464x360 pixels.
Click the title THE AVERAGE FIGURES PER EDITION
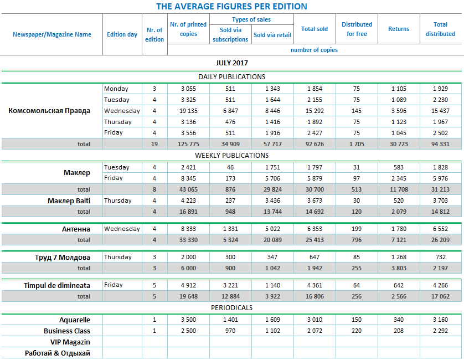coord(231,7)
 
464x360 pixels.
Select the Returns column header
coord(399,29)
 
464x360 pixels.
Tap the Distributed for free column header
coord(357,29)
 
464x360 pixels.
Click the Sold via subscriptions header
coord(230,34)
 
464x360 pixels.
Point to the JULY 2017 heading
coord(231,63)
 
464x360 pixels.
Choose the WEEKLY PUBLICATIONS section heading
coord(231,155)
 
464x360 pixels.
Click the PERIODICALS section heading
coord(231,307)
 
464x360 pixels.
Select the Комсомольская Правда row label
coord(49,110)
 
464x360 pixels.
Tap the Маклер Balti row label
coord(69,200)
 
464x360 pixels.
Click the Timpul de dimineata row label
coord(57,285)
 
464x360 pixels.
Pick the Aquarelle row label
coord(75,320)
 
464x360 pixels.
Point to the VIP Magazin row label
coord(70,342)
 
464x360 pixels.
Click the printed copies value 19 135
coord(189,111)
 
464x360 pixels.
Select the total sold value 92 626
coord(315,144)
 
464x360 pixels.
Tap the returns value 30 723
coord(399,144)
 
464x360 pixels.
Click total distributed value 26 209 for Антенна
coord(440,240)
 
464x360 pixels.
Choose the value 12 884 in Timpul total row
coord(230,296)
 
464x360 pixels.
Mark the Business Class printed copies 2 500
coord(189,331)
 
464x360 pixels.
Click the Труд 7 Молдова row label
coord(62,257)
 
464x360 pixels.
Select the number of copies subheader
coord(314,50)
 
